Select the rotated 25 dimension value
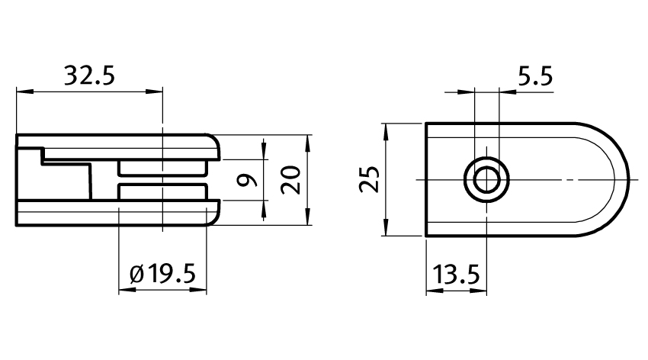(369, 179)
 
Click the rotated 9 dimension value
(245, 181)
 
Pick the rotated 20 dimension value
(290, 181)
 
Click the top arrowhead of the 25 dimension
(387, 130)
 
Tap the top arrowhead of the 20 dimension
(309, 143)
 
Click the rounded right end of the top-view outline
(627, 179)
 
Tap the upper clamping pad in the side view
(162, 168)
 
